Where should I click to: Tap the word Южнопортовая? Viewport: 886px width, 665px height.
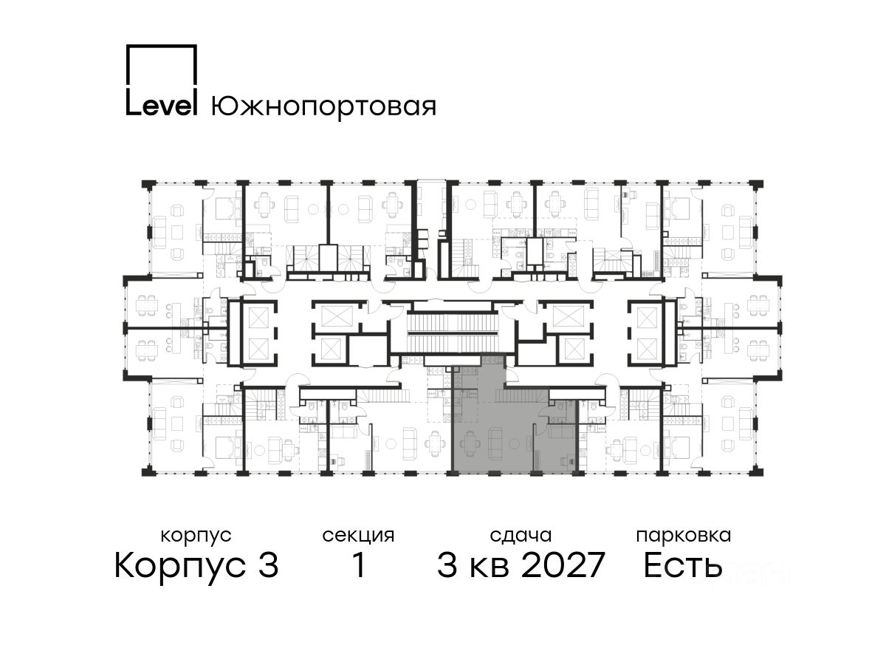pos(323,106)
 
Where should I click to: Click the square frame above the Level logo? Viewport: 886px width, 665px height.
pos(162,64)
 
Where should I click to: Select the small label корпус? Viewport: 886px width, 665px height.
pos(196,536)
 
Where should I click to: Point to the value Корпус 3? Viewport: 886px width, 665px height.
pos(196,565)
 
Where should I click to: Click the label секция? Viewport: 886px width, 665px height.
pos(358,536)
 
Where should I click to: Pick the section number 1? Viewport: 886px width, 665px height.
pos(358,565)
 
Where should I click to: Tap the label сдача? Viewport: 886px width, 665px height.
pos(521,536)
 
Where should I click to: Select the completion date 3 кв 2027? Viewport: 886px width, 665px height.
pos(521,565)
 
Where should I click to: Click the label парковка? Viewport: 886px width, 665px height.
pos(684,536)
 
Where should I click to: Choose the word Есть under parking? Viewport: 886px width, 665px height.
pos(682,565)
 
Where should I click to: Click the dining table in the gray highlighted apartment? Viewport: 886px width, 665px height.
pos(469,443)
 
